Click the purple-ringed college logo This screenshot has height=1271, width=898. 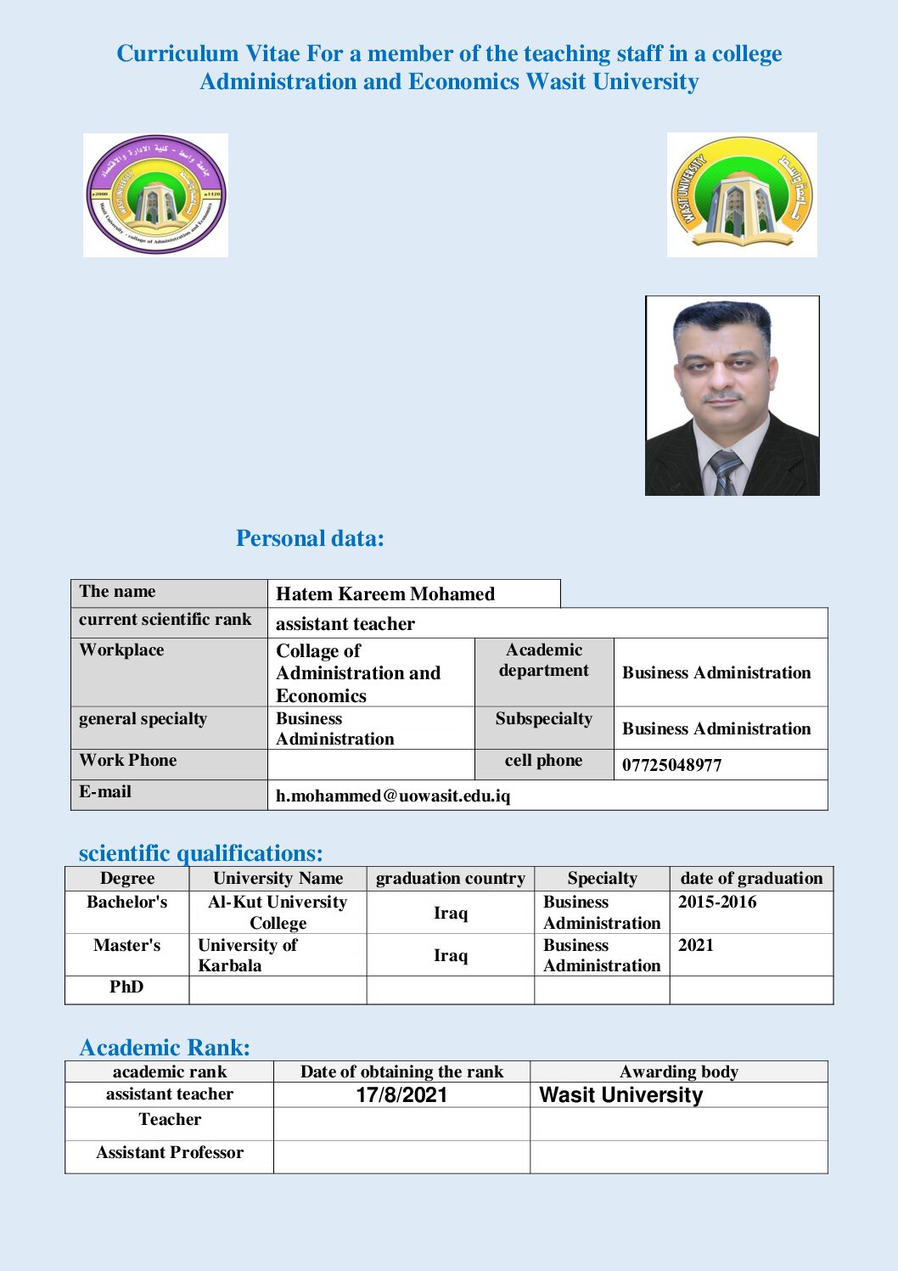coord(155,194)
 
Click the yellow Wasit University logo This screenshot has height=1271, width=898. coord(742,194)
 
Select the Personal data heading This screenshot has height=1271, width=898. coord(310,538)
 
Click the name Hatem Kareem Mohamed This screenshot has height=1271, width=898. coord(384,594)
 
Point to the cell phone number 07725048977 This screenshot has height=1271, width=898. coord(671,765)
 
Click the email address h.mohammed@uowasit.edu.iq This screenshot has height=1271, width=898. coord(393,796)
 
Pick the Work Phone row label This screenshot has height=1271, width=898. coord(128,761)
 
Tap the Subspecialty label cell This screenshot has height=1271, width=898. coord(543,719)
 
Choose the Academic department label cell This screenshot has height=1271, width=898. coord(543,661)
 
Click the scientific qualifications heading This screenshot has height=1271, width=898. coord(200,853)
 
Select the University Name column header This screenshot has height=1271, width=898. coord(278,879)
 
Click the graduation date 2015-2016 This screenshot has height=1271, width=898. coord(716,903)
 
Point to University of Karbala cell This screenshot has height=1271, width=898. coord(247,955)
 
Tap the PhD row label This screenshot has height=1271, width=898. coord(126,987)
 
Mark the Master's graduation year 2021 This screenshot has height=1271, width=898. coord(695,946)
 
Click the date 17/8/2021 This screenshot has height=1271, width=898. coord(401,1095)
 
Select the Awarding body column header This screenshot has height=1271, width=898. coord(678,1072)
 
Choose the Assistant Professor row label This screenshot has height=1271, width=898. coord(170,1153)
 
